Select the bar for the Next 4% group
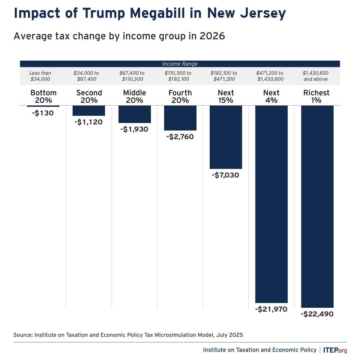271,204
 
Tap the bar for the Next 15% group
226,137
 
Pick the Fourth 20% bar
180,118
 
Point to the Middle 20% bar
135,114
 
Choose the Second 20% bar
89,111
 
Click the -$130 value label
43,113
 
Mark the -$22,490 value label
317,314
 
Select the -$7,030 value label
225,175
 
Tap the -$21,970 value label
271,309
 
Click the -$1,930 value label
134,129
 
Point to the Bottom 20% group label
43,96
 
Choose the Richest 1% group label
316,96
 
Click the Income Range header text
180,64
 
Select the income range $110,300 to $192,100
178,76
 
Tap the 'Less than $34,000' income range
40,76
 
